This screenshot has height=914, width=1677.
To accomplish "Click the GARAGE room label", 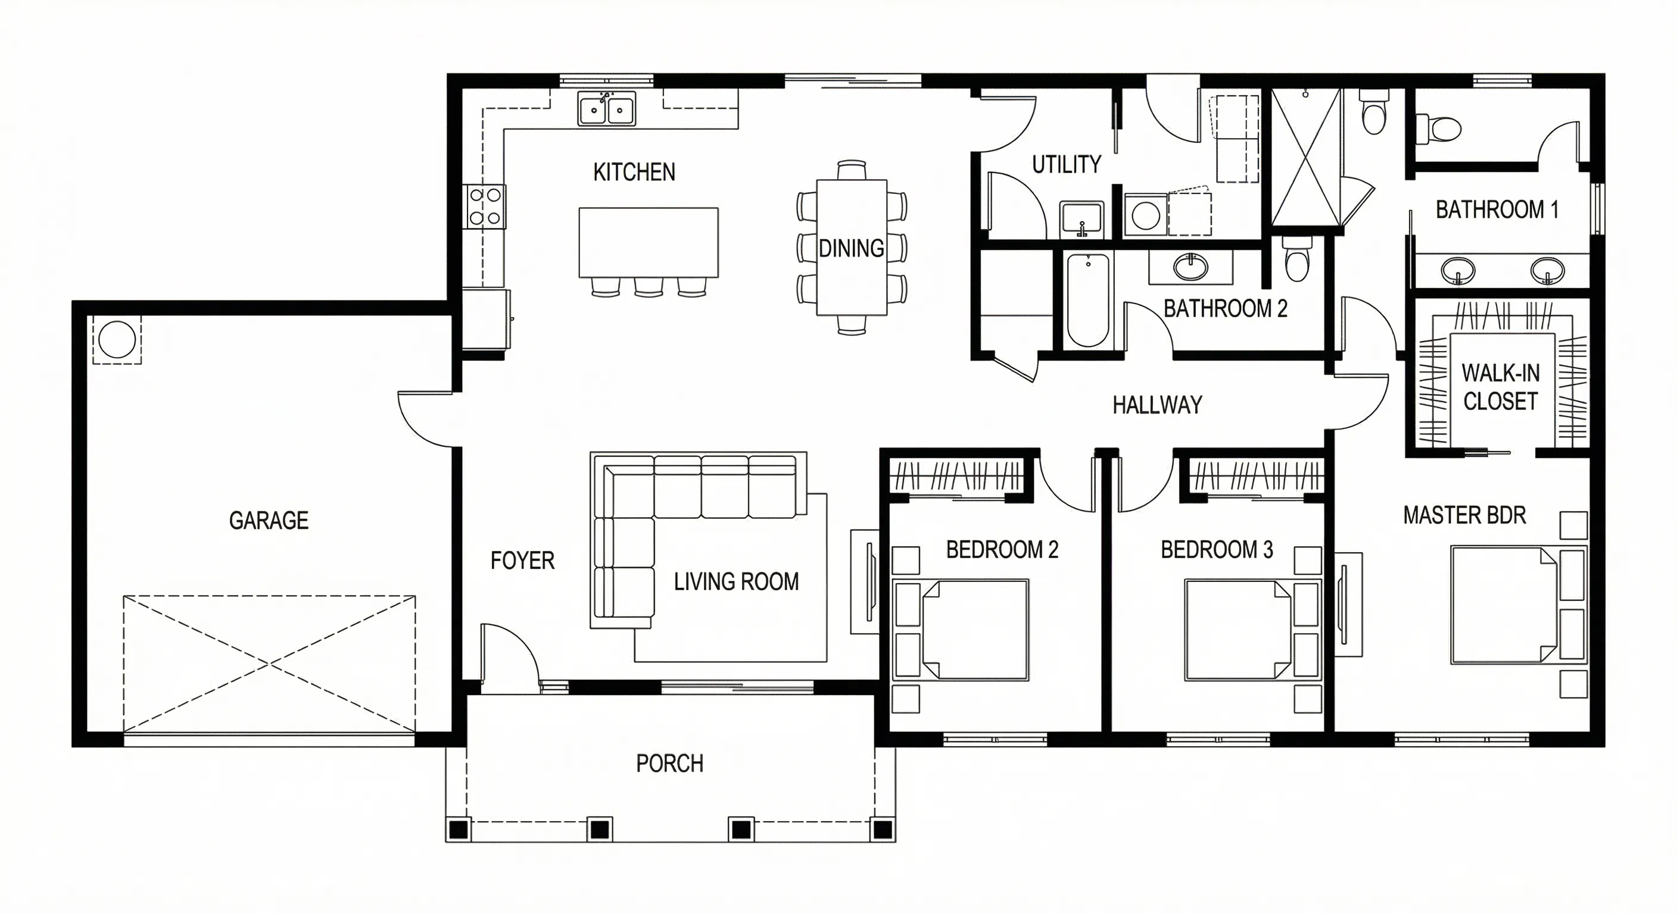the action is [x=269, y=521].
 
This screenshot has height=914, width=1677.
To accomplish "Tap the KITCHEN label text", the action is [x=634, y=173].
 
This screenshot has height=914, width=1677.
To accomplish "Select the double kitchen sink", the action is [x=607, y=109].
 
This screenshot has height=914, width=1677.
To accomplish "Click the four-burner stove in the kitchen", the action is [x=485, y=207].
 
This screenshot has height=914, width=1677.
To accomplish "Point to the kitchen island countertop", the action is [x=649, y=243].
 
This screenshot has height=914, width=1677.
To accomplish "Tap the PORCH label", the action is [x=670, y=763].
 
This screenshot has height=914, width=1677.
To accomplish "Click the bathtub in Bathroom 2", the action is [x=1088, y=301].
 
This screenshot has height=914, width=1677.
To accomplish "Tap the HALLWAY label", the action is [x=1157, y=405].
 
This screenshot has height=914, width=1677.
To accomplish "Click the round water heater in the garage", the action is [x=117, y=340].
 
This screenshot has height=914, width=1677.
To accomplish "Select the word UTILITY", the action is [x=1067, y=165].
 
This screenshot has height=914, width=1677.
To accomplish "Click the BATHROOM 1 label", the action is [x=1497, y=210].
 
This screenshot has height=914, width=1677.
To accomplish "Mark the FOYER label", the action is [x=522, y=561].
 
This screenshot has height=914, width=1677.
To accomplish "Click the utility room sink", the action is [x=1081, y=218].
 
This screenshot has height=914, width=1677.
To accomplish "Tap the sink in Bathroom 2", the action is [x=1190, y=266].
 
